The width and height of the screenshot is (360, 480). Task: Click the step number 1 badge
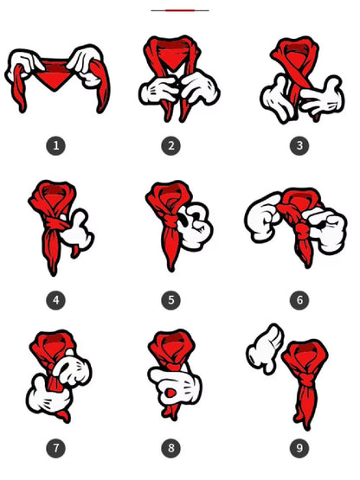click(55, 145)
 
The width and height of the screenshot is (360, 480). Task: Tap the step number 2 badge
click(171, 145)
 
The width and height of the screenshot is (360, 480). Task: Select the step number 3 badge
click(299, 145)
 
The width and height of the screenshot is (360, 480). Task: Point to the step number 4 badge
click(55, 300)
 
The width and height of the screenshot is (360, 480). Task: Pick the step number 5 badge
click(171, 300)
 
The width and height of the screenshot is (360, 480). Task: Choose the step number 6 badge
click(299, 300)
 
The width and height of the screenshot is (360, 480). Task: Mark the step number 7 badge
click(55, 448)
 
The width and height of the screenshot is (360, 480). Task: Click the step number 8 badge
click(171, 448)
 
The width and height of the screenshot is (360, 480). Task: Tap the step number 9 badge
click(299, 448)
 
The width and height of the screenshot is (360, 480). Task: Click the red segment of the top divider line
click(180, 10)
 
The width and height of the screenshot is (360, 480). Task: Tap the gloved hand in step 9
click(266, 349)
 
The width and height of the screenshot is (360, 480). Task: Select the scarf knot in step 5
click(170, 220)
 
